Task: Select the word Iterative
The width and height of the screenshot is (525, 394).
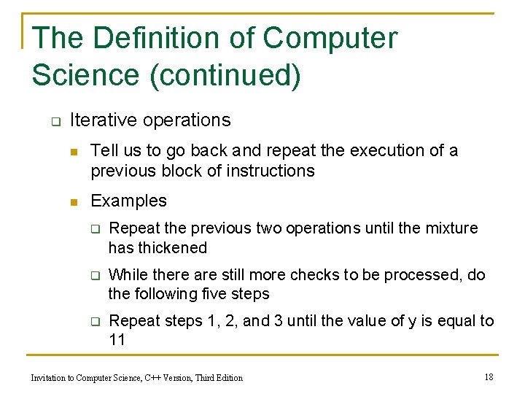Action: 101,120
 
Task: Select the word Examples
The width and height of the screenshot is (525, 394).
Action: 128,201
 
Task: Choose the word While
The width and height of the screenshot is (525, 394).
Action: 127,275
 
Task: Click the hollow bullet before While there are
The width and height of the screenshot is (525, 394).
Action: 93,276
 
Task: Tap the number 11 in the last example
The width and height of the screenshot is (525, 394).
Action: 117,340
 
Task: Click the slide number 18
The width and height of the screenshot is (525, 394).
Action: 489,376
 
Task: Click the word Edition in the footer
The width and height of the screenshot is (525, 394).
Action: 227,377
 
